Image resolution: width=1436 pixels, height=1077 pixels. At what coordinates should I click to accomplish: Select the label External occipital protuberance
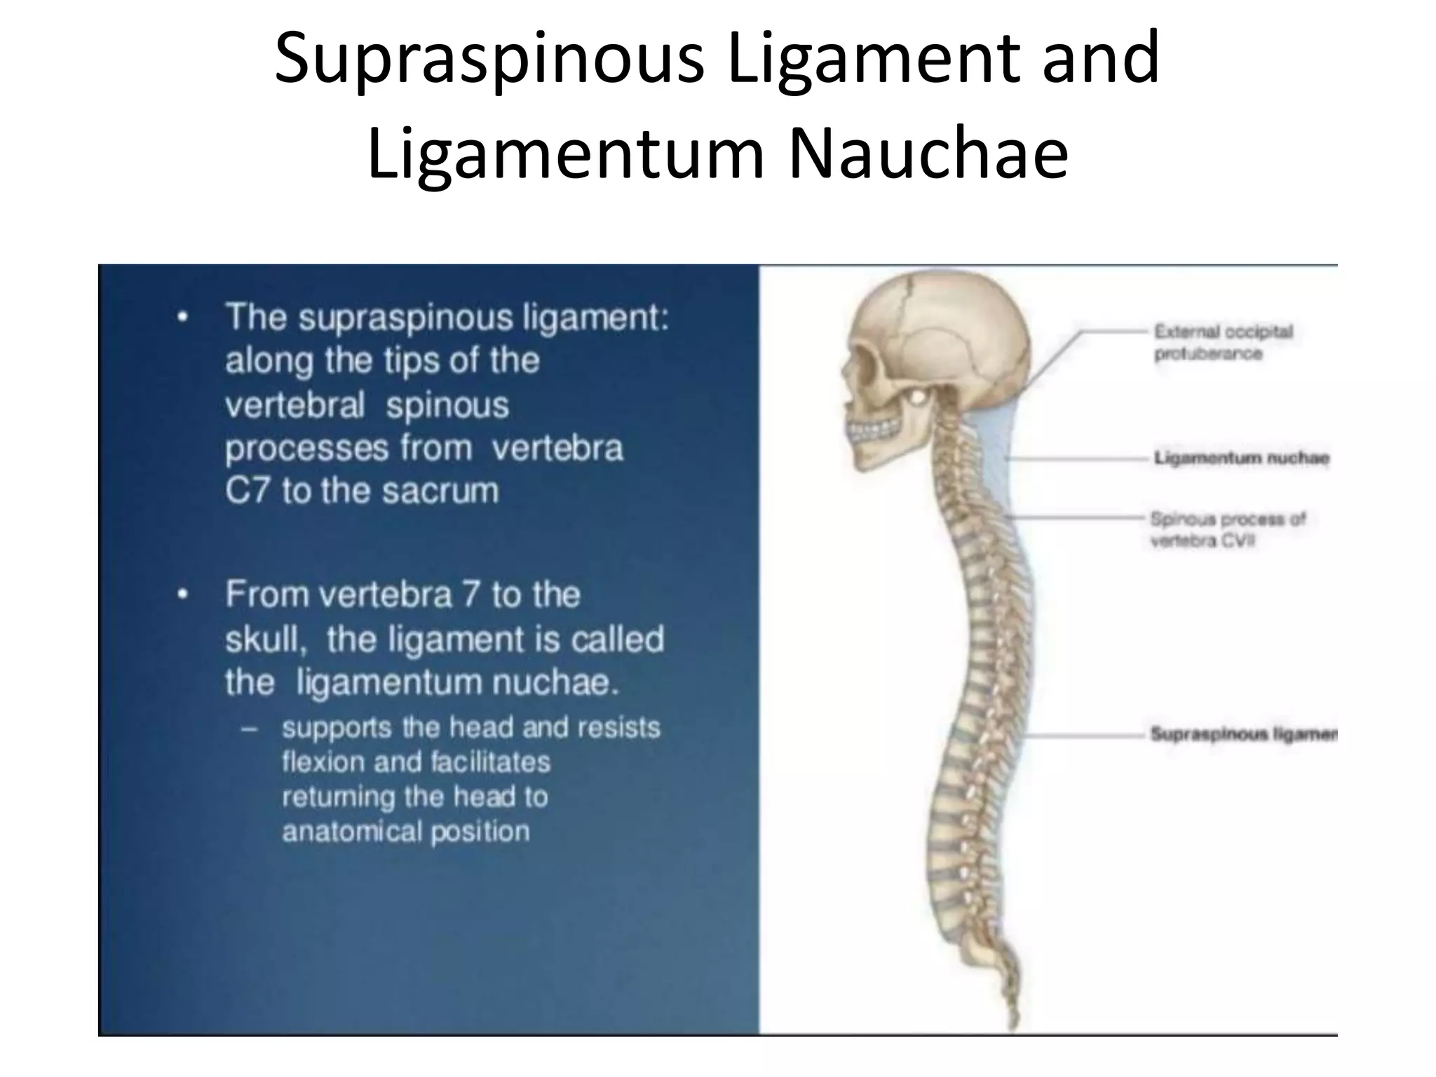[x=1223, y=342]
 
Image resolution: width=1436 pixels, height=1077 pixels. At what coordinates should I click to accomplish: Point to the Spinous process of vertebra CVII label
[x=1227, y=529]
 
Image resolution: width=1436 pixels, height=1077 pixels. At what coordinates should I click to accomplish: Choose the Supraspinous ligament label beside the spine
[x=1243, y=734]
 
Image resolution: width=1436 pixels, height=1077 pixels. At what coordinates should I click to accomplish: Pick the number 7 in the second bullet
[x=471, y=595]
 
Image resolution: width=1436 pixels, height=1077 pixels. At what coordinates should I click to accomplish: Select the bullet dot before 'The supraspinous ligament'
[x=182, y=318]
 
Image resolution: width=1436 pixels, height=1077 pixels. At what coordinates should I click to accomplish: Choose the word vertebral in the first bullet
[x=295, y=405]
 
